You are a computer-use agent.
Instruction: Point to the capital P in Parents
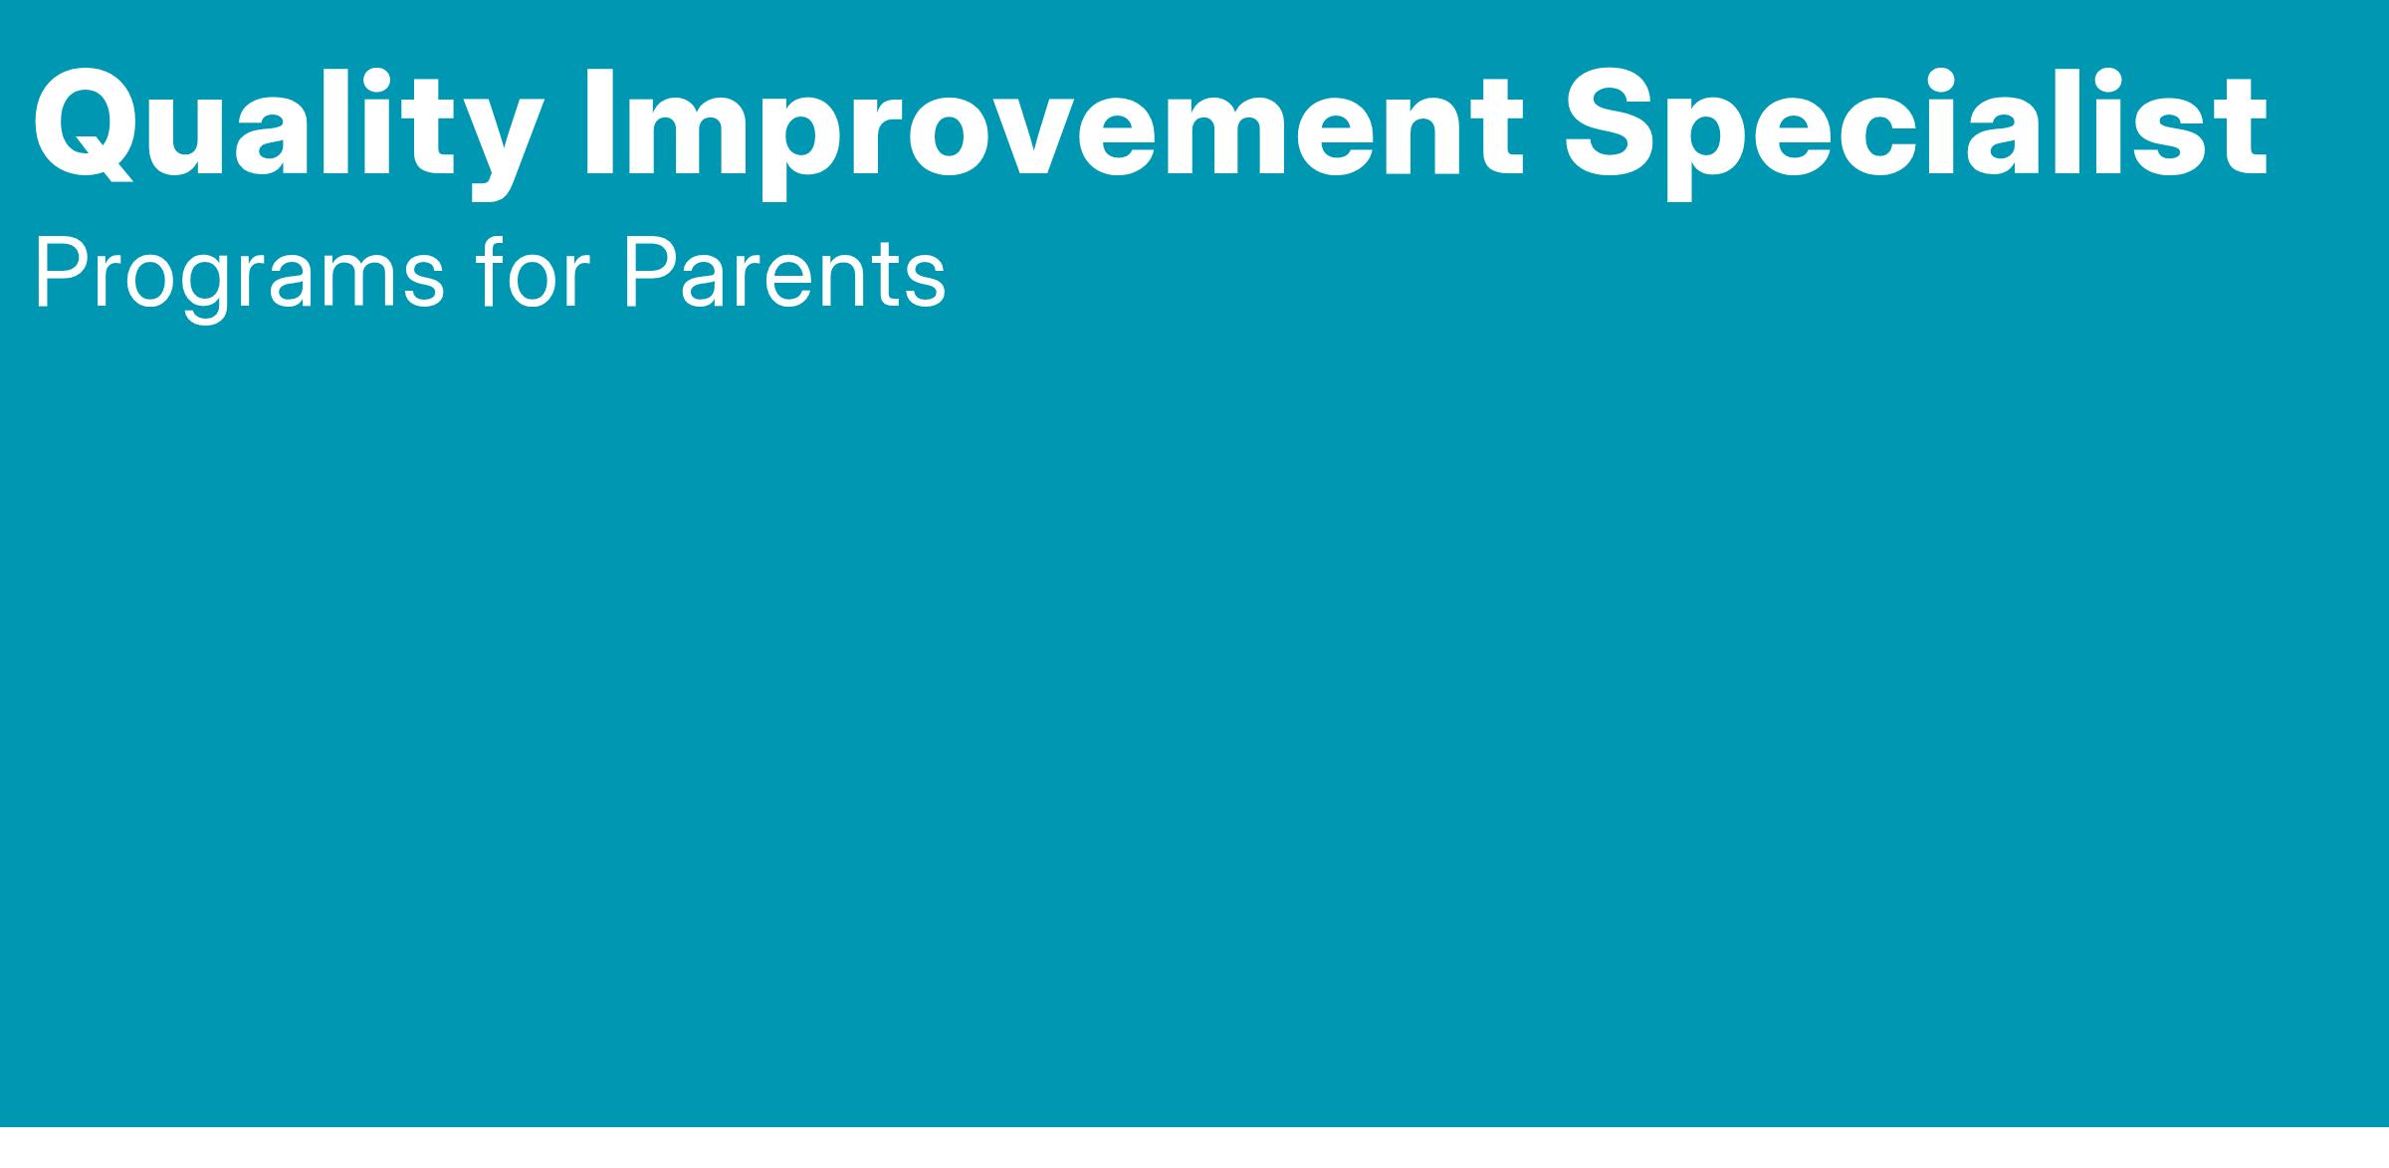[651, 273]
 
